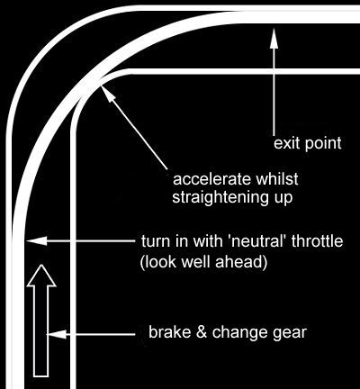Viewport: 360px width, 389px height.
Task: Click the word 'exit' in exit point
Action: pyautogui.click(x=286, y=143)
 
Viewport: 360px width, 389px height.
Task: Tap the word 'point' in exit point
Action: pyautogui.click(x=323, y=144)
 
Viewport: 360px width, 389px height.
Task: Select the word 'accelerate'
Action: pyautogui.click(x=211, y=179)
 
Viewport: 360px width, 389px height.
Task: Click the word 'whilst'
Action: pyautogui.click(x=277, y=179)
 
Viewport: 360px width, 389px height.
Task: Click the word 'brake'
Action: pyautogui.click(x=170, y=332)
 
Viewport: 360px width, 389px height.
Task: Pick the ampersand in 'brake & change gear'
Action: pyautogui.click(x=202, y=332)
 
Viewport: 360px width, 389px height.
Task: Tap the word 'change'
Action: pyautogui.click(x=243, y=333)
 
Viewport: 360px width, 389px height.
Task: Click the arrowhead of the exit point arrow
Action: pyautogui.click(x=274, y=38)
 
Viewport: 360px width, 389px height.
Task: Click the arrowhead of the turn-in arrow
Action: pyautogui.click(x=37, y=240)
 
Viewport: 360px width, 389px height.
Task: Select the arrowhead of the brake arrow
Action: pyautogui.click(x=56, y=334)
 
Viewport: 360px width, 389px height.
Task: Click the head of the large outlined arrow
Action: pyautogui.click(x=41, y=276)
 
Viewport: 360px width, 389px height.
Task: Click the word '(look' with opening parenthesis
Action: pyautogui.click(x=158, y=262)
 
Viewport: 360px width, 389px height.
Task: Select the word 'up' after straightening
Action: pyautogui.click(x=283, y=199)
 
